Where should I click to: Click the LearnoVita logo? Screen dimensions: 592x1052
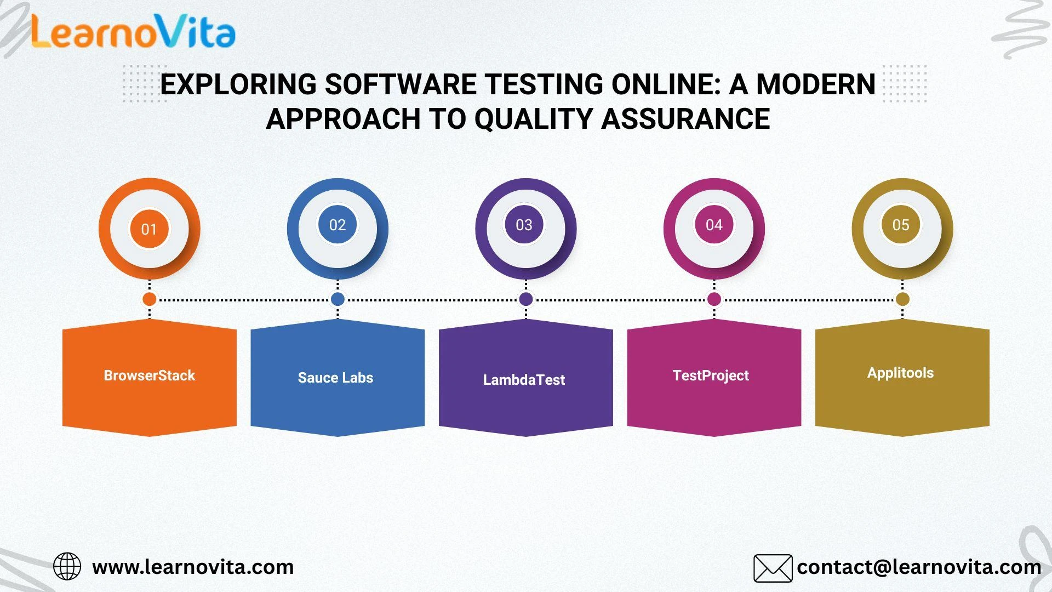tap(133, 31)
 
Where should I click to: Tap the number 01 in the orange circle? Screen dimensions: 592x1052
tap(149, 229)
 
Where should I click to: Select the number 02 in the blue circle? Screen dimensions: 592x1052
tap(338, 225)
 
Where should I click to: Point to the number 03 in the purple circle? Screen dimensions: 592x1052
tap(524, 225)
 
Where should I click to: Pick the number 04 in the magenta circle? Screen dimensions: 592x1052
tap(714, 225)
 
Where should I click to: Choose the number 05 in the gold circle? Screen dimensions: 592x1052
tap(901, 225)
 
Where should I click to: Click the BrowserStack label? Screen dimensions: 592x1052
tap(150, 375)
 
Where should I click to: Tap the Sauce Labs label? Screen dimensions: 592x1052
tap(335, 378)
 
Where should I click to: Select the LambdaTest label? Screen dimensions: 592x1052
tap(524, 380)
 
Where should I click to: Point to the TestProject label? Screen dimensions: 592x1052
tap(711, 375)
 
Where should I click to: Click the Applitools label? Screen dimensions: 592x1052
tap(900, 373)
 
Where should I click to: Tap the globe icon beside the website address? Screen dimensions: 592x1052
tap(67, 566)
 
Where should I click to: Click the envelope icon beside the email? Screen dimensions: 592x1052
tap(773, 568)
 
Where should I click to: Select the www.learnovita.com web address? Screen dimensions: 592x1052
tap(193, 567)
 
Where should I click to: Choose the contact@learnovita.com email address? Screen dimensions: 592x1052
tap(919, 567)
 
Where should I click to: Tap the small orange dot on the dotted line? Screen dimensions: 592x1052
tap(149, 299)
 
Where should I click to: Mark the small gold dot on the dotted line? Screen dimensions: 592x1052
tap(902, 299)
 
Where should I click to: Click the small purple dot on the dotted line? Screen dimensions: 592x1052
tap(526, 299)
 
